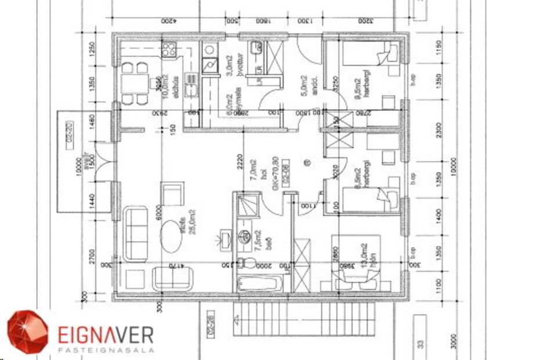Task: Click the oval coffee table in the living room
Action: [x=171, y=234]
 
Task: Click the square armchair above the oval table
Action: [x=172, y=193]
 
